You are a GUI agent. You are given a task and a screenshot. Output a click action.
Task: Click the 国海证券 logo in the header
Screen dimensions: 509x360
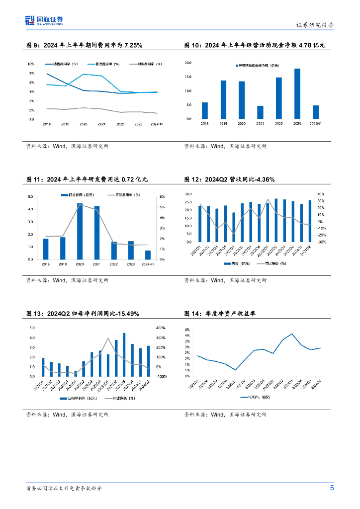coord(45,20)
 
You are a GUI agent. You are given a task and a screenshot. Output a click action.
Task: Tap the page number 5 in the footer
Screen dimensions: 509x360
coord(332,488)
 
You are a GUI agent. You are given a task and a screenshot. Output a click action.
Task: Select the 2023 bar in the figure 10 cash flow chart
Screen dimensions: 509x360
coord(297,94)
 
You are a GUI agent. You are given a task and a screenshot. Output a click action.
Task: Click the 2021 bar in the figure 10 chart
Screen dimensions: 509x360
coord(260,112)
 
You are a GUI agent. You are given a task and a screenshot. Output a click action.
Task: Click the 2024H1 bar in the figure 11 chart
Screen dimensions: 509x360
coord(148,255)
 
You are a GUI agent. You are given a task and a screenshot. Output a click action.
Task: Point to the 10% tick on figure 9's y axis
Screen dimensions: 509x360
coord(30,64)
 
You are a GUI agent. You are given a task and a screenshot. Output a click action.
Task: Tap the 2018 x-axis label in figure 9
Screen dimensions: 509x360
coord(46,124)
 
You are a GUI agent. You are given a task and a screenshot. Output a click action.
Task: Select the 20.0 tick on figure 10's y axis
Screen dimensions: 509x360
coord(188,63)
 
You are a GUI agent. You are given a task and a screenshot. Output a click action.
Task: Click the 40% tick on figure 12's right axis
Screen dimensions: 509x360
coord(321,194)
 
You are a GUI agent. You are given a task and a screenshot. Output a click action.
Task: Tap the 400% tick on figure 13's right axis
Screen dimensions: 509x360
coord(161,328)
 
